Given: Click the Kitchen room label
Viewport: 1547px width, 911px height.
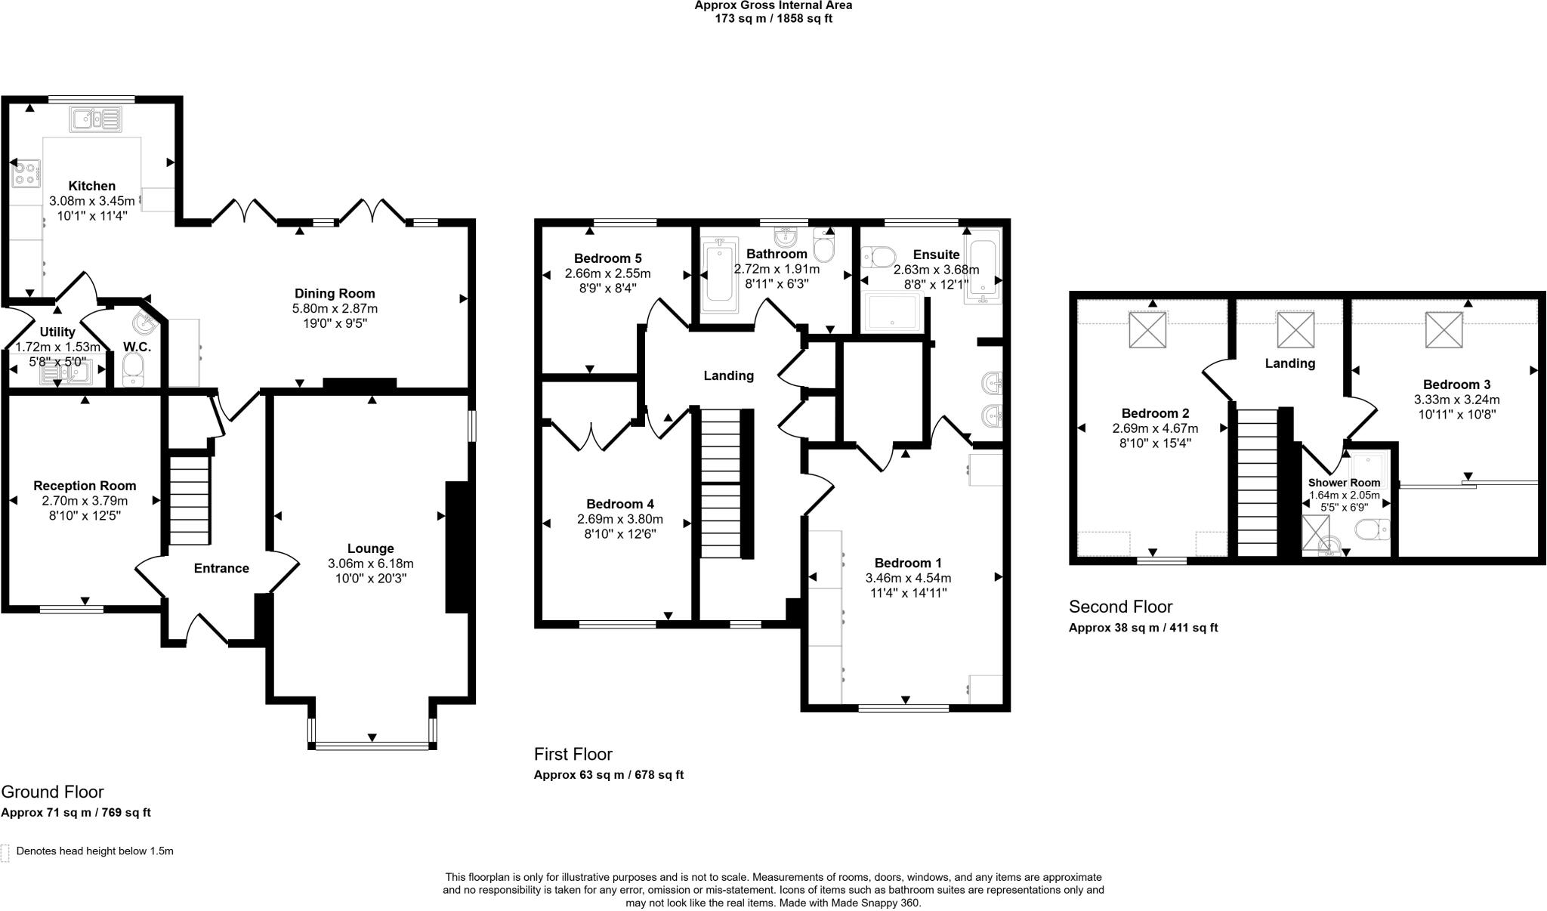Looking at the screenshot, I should (92, 186).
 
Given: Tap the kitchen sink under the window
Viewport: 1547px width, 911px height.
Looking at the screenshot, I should (95, 119).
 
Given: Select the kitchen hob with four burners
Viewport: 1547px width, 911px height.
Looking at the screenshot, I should (26, 172).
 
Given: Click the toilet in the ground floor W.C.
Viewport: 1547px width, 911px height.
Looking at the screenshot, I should (133, 369).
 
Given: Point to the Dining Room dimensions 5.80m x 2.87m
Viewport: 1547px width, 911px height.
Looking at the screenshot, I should (335, 308).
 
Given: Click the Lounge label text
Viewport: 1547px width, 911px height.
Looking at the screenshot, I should (370, 548).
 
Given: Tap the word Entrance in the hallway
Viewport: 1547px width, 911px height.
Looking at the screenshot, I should (221, 568).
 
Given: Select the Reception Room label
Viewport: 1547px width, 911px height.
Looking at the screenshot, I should (85, 486).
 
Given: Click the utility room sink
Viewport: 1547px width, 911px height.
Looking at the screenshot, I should (66, 372).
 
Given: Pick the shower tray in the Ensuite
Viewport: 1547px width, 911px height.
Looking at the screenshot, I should (894, 313).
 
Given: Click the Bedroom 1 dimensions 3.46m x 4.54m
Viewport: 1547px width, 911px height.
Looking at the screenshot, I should (908, 578).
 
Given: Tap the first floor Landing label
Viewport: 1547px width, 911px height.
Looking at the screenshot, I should (728, 375).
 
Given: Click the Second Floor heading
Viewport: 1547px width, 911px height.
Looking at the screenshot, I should (1120, 607).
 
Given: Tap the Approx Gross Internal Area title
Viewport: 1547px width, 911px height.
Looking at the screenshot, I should (773, 5).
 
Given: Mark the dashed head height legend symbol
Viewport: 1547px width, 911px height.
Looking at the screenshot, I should (5, 853).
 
